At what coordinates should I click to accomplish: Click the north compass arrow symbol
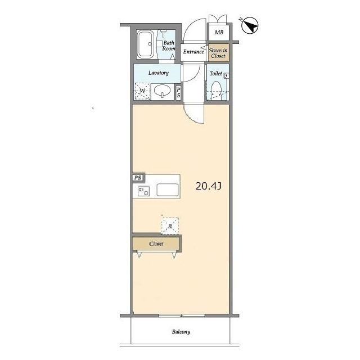coord(250,25)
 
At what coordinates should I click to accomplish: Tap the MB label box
coord(219,33)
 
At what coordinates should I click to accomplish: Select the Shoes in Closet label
coord(218,53)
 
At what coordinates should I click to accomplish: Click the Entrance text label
coord(193,52)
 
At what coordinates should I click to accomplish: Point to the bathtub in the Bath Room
coord(146,44)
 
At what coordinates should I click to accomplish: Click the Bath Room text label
coord(169,46)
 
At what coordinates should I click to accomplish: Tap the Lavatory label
coord(159,73)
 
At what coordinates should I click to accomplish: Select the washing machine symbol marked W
coord(142,91)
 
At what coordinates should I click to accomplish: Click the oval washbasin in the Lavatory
coord(163,91)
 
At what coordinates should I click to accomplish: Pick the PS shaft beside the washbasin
coord(178,92)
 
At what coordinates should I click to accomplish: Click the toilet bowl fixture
coord(216,91)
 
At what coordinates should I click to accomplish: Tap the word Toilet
coord(216,74)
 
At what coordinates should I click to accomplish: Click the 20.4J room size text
coord(209,186)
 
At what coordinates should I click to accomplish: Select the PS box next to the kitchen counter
coord(138,178)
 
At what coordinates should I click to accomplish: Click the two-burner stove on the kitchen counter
coord(144,191)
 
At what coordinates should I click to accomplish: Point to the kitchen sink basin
coord(168,190)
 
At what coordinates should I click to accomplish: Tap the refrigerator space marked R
coord(170,226)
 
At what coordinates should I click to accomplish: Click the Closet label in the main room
coord(156,244)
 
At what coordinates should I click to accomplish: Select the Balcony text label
coord(181,332)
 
